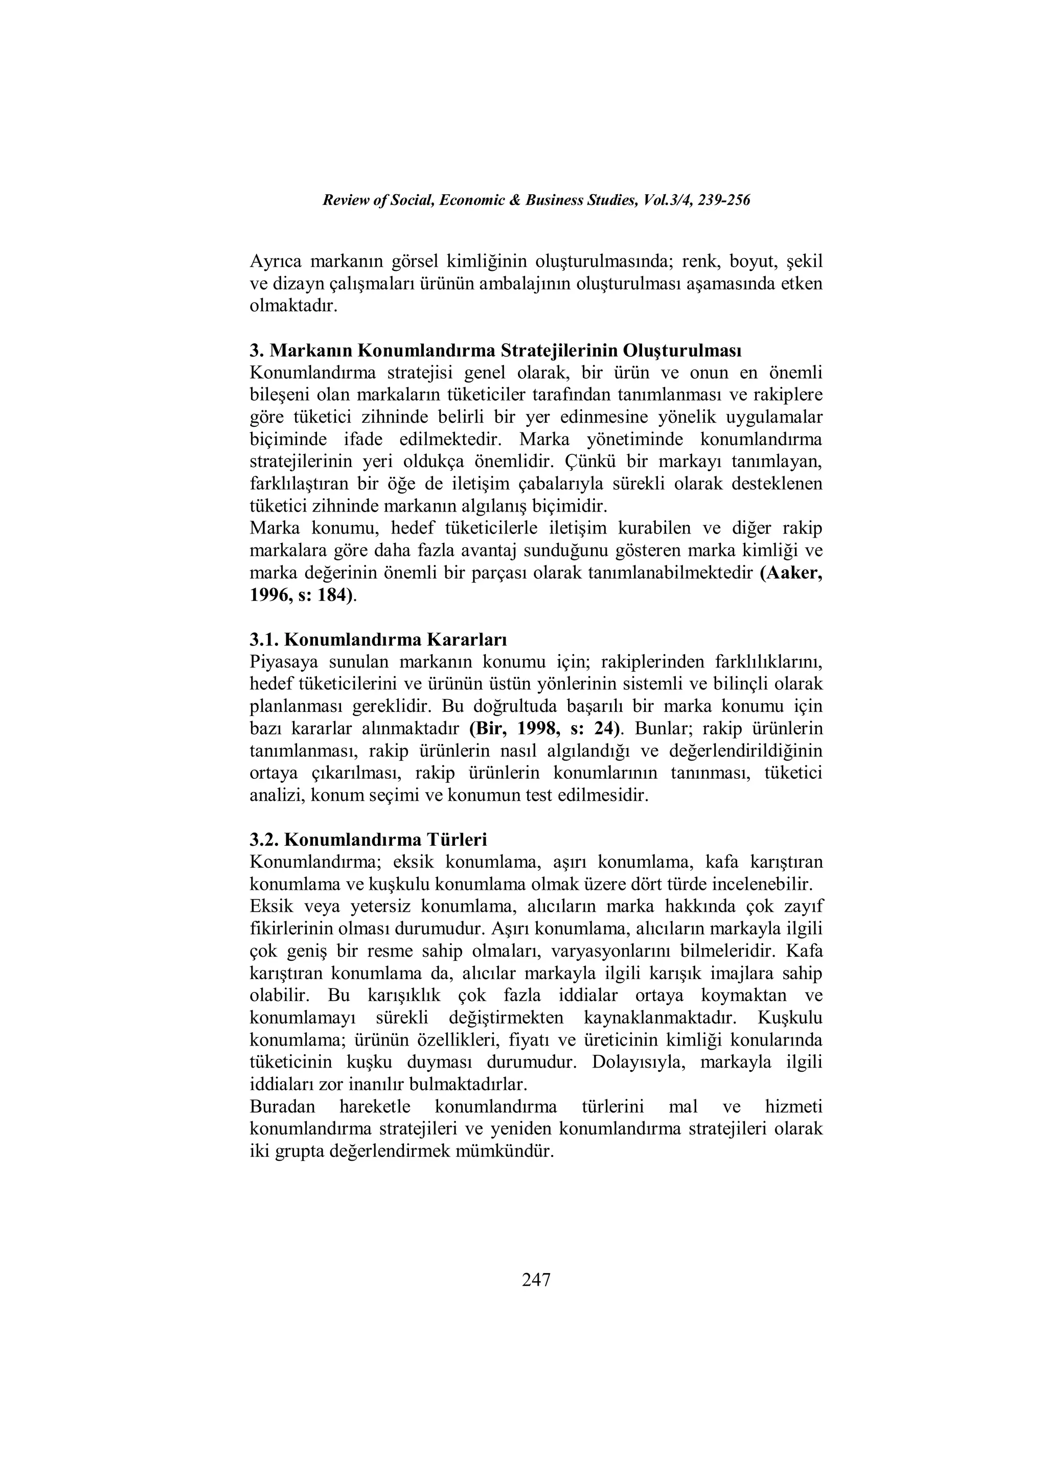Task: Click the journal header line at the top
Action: [x=536, y=201]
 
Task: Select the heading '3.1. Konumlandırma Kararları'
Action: [x=378, y=640]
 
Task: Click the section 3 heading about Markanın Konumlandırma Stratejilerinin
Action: [x=495, y=351]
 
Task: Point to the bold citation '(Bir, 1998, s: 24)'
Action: [x=547, y=729]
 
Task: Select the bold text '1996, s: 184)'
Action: [x=301, y=595]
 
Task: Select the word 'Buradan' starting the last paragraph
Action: [x=282, y=1107]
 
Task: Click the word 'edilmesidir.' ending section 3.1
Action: [x=606, y=795]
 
